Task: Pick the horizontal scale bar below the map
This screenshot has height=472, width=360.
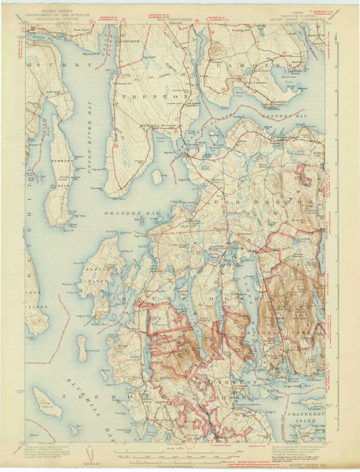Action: (181, 452)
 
